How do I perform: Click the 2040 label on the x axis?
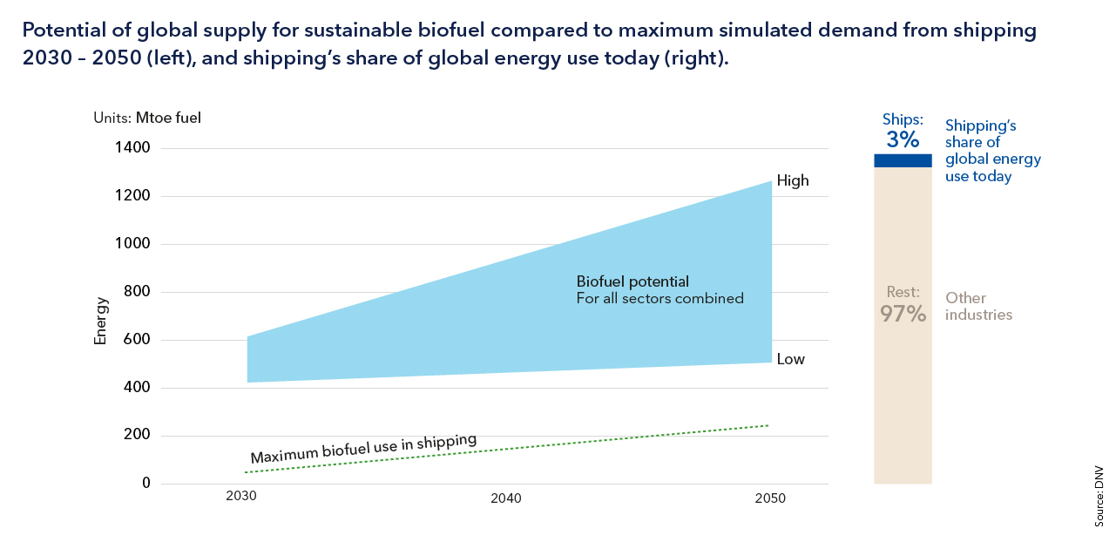click(x=506, y=498)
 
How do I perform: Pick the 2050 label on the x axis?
click(x=771, y=498)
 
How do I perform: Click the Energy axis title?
click(x=101, y=321)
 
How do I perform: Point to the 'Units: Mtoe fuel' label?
click(x=147, y=118)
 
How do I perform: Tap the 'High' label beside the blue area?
click(x=793, y=181)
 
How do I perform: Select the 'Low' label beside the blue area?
click(x=791, y=359)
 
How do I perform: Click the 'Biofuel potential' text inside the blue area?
click(x=633, y=281)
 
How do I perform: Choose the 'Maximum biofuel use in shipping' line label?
click(x=363, y=448)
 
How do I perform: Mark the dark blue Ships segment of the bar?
click(x=903, y=160)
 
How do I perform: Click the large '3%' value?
click(x=903, y=139)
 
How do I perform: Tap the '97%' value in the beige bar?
click(x=903, y=314)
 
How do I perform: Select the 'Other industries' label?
click(x=978, y=306)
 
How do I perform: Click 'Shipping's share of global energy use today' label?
click(x=993, y=151)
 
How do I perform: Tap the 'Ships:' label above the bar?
click(x=903, y=118)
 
